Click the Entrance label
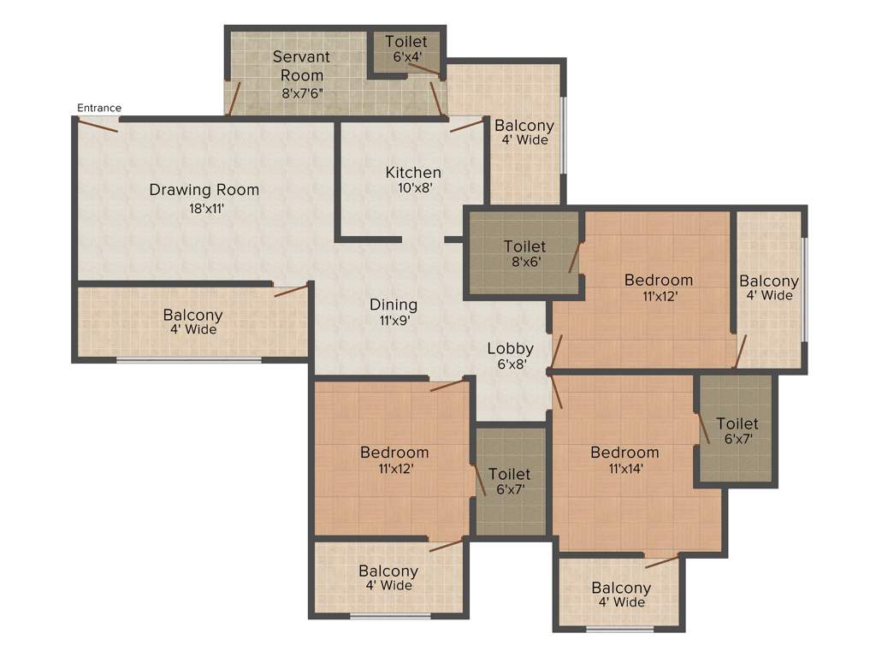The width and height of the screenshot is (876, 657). [99, 108]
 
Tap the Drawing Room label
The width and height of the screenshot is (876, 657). [204, 189]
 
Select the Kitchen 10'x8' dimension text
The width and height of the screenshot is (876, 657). [412, 188]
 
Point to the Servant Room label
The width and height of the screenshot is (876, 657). [301, 66]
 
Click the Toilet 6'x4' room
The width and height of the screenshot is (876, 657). [405, 51]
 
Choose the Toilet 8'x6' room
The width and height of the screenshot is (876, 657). [524, 254]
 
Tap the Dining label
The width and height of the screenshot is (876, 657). [394, 305]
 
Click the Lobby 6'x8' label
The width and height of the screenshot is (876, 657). [511, 355]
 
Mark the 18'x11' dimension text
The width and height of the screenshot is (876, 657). [204, 207]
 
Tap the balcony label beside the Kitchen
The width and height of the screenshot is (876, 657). [524, 133]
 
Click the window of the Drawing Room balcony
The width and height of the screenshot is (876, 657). [189, 361]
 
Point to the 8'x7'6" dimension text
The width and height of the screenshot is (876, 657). [301, 93]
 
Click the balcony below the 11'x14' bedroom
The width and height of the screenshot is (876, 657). [621, 595]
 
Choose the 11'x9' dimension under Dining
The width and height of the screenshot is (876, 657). [394, 322]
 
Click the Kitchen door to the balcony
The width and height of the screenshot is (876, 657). [466, 126]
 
